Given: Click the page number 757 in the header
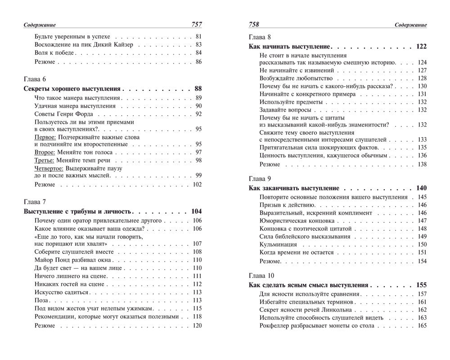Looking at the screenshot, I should coord(193,25).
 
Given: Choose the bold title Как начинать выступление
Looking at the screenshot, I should coord(290,47).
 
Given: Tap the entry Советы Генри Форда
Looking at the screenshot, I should coord(63,114).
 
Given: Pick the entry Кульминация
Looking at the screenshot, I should coord(278,244).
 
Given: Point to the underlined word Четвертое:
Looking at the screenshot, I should coord(49,168).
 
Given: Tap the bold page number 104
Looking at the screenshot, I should coord(197,211).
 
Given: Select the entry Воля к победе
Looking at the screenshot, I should coord(54,53).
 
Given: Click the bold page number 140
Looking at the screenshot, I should coord(421,188).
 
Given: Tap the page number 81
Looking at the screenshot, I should coord(198,36).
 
